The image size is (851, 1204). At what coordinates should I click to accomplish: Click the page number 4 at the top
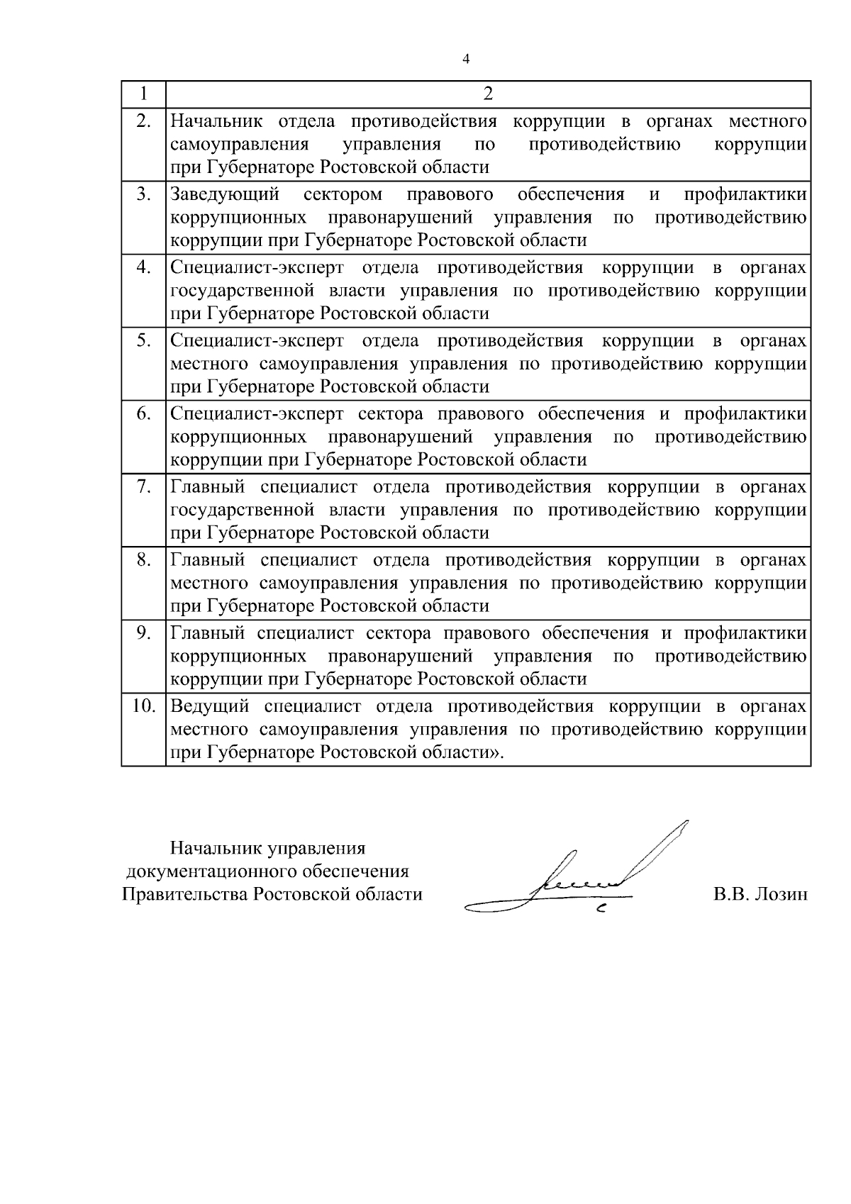pos(466,59)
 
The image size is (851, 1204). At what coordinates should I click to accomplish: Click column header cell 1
pos(143,94)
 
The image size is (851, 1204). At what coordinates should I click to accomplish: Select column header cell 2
pos(487,94)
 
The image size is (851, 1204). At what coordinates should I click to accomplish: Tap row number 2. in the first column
pos(144,121)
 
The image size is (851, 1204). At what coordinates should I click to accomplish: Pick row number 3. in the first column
pos(144,194)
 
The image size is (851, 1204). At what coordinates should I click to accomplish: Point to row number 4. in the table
pos(144,267)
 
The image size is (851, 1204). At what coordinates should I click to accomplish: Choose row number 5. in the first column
pos(144,340)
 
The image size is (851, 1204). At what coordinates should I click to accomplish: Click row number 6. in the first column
pos(144,413)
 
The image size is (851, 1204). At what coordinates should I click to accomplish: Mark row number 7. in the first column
pos(144,486)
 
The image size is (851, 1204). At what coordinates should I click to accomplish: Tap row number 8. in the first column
pos(144,559)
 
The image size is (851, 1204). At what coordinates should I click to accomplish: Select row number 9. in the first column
pos(144,632)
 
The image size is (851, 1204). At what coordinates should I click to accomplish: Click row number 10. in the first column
pos(144,706)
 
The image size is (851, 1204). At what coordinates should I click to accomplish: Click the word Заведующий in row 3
pos(225,194)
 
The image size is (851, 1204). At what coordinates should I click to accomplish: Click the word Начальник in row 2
pos(216,121)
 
